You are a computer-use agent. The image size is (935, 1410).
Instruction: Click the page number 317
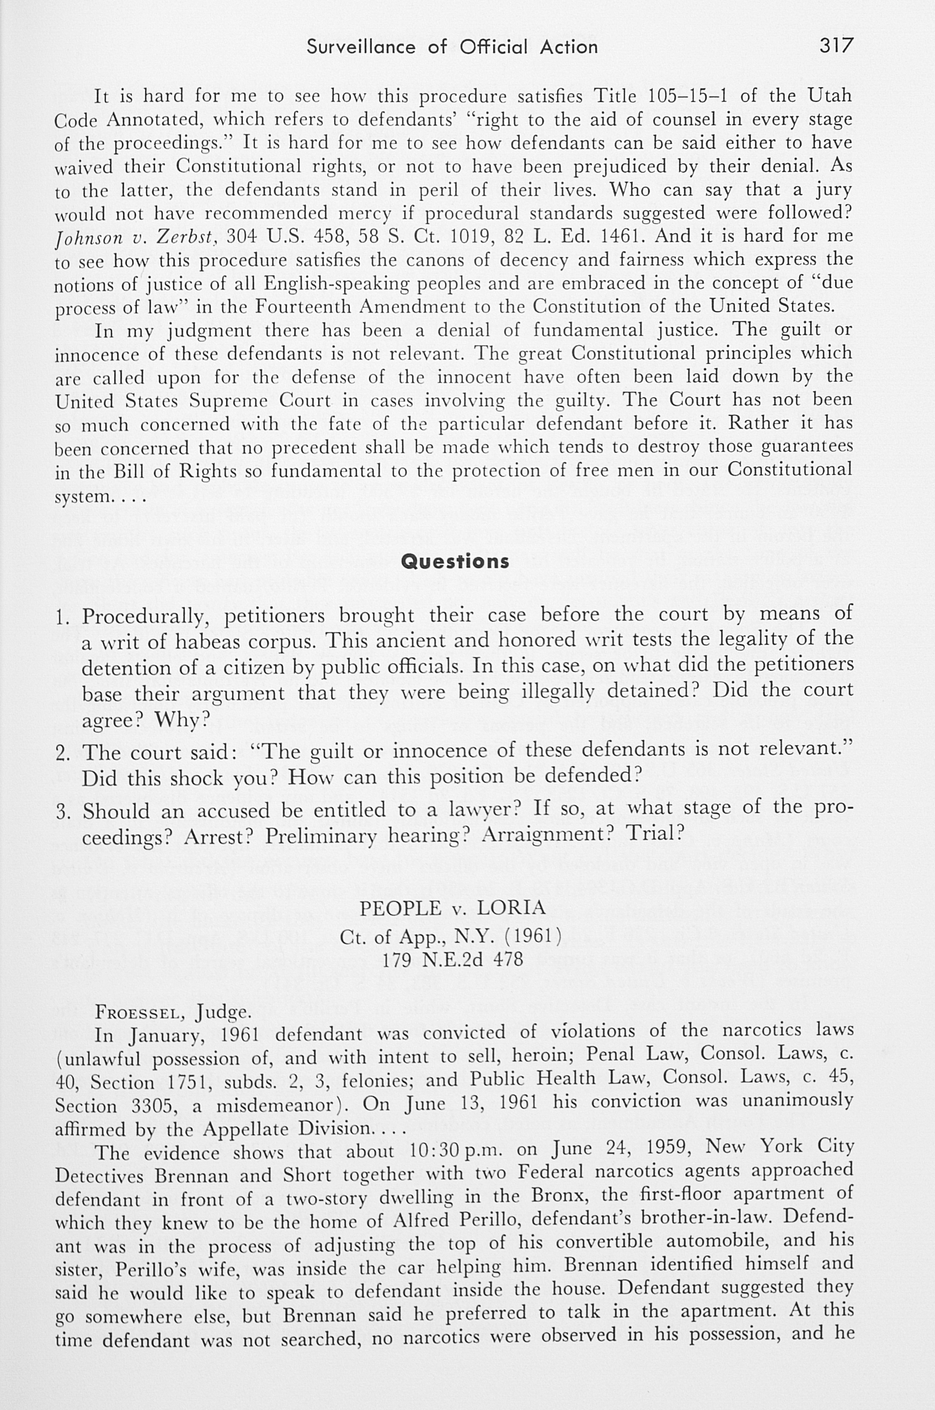(x=836, y=45)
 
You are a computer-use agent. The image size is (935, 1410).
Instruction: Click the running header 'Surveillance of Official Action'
(x=452, y=46)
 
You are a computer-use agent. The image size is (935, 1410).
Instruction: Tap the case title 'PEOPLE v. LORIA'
(x=452, y=908)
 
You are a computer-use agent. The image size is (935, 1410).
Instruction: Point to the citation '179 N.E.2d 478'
(x=452, y=960)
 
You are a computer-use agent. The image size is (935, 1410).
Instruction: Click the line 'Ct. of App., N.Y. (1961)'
(x=451, y=934)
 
